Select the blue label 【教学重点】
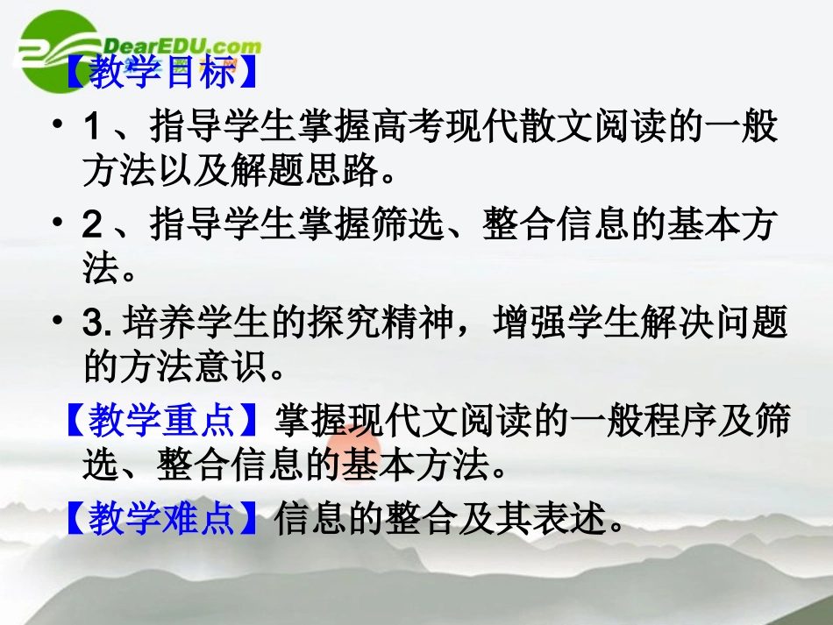tap(161, 421)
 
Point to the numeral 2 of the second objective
tap(91, 225)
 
